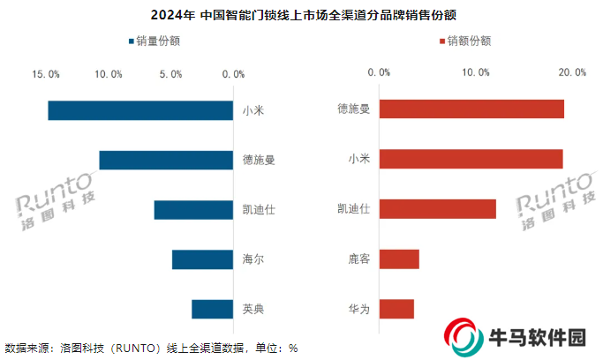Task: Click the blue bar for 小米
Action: pyautogui.click(x=141, y=110)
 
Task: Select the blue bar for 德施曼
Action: pyautogui.click(x=167, y=160)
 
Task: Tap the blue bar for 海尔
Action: pyautogui.click(x=203, y=259)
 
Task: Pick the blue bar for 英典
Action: pyautogui.click(x=213, y=309)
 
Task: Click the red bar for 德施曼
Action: pyautogui.click(x=471, y=109)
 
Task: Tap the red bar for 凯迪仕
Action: pyautogui.click(x=437, y=209)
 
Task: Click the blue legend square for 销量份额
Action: pyautogui.click(x=131, y=41)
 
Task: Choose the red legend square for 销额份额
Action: pyautogui.click(x=440, y=41)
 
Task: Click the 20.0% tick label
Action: pyautogui.click(x=572, y=72)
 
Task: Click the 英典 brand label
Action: pyautogui.click(x=253, y=309)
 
